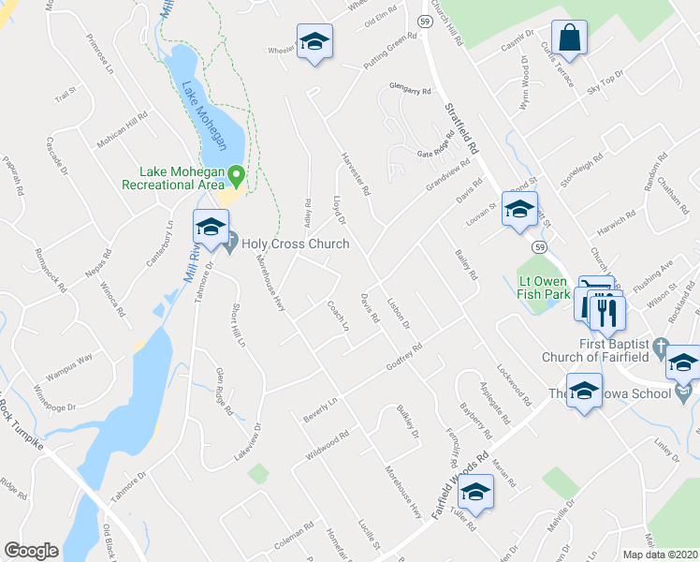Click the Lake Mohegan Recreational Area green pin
pos(237,175)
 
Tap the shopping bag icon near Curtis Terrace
pos(568,39)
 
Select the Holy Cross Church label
pos(295,244)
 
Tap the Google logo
pos(31,551)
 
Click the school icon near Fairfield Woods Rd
pos(476,492)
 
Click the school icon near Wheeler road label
pos(315,42)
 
